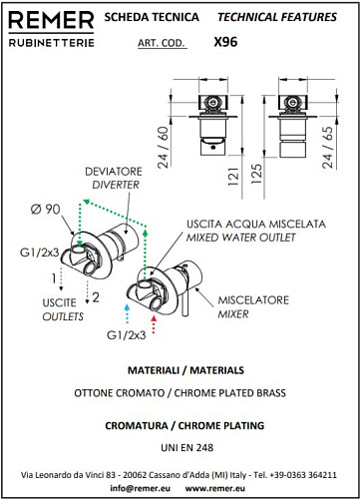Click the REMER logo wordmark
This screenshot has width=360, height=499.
click(x=51, y=20)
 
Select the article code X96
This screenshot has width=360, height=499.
click(x=225, y=42)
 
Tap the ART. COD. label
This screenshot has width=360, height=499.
click(x=162, y=43)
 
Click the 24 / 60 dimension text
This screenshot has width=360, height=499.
click(x=164, y=148)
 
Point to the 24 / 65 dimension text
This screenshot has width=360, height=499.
click(x=327, y=148)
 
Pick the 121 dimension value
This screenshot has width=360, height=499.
click(x=233, y=177)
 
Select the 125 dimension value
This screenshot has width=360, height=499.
click(x=256, y=174)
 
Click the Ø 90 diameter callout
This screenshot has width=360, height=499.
click(x=46, y=210)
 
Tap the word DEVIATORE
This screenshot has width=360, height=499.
click(x=114, y=172)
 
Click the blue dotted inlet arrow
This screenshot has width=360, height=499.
click(x=127, y=314)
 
